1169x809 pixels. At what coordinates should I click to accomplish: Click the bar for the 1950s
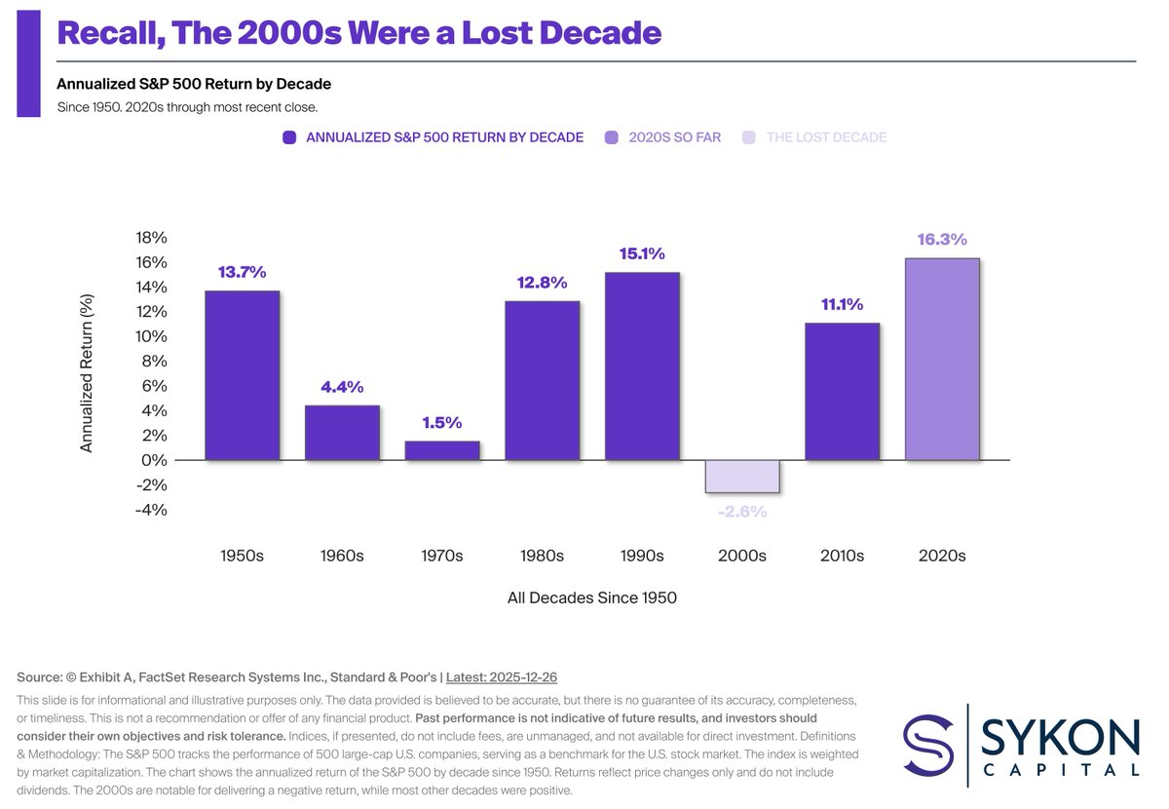coord(242,375)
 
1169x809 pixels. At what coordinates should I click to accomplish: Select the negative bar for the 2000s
coord(742,477)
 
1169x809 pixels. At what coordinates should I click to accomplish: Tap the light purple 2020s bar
coord(941,359)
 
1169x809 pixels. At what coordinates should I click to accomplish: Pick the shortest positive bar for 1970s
coord(442,450)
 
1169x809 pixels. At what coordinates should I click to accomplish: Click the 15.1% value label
coord(642,254)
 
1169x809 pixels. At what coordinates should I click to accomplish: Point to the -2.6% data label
coord(742,511)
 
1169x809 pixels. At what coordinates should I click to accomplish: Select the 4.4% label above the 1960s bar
coord(342,387)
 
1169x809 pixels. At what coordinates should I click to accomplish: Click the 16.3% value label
coord(941,239)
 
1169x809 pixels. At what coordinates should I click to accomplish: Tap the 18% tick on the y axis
coord(152,238)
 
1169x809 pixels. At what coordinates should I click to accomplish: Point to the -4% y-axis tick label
coord(152,510)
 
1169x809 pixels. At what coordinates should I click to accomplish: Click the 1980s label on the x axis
coord(542,556)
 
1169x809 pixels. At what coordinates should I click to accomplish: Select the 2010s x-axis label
coord(842,556)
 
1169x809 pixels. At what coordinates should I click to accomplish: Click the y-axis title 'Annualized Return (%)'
coord(87,373)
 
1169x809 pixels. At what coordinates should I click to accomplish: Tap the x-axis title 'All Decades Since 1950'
coord(591,597)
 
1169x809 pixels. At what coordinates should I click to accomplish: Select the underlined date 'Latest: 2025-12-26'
coord(501,677)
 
